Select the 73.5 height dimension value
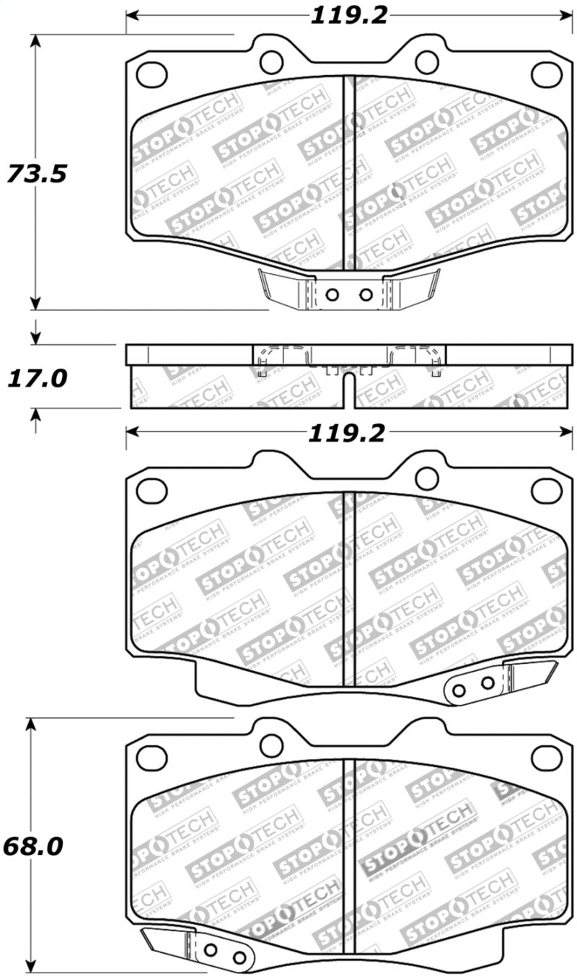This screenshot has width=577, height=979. click(37, 174)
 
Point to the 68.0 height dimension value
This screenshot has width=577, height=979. click(32, 846)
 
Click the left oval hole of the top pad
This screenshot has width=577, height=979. click(151, 73)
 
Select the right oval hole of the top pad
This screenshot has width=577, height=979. click(546, 73)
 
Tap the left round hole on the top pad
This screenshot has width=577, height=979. click(271, 62)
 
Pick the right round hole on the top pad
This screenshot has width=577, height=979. click(427, 62)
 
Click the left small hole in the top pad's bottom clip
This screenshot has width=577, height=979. click(332, 294)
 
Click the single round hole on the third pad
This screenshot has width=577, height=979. click(427, 478)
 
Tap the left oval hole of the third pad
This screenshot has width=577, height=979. click(151, 490)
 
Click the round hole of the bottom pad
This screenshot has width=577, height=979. click(271, 746)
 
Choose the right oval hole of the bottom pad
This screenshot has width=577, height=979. click(546, 758)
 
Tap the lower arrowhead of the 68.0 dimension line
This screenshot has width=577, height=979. click(30, 967)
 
